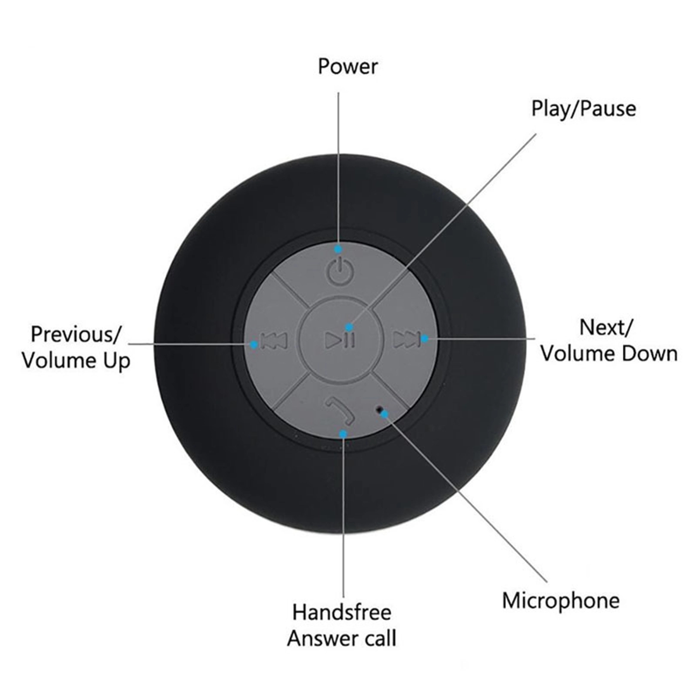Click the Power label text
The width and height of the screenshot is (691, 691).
pyautogui.click(x=348, y=67)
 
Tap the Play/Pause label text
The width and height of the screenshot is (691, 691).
pyautogui.click(x=583, y=109)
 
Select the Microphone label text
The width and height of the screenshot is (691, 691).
pyautogui.click(x=561, y=601)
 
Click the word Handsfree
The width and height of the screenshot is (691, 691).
pyautogui.click(x=342, y=612)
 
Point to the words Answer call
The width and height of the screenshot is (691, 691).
pyautogui.click(x=342, y=638)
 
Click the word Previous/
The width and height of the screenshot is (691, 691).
pyautogui.click(x=76, y=335)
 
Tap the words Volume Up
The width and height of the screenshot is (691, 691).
pyautogui.click(x=76, y=361)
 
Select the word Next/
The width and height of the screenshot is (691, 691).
pyautogui.click(x=606, y=328)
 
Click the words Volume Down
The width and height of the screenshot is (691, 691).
pyautogui.click(x=609, y=354)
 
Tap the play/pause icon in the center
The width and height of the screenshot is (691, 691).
pyautogui.click(x=340, y=340)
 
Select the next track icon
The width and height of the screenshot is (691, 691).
pyautogui.click(x=406, y=339)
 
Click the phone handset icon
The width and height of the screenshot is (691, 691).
pyautogui.click(x=339, y=411)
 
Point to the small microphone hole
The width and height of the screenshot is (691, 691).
pyautogui.click(x=380, y=408)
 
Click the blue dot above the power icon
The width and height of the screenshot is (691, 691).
pyautogui.click(x=339, y=249)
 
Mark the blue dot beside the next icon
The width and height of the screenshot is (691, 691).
pyautogui.click(x=425, y=339)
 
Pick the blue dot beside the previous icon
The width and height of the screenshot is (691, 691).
pyautogui.click(x=254, y=344)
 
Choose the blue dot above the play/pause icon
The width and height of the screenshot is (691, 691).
pyautogui.click(x=349, y=327)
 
